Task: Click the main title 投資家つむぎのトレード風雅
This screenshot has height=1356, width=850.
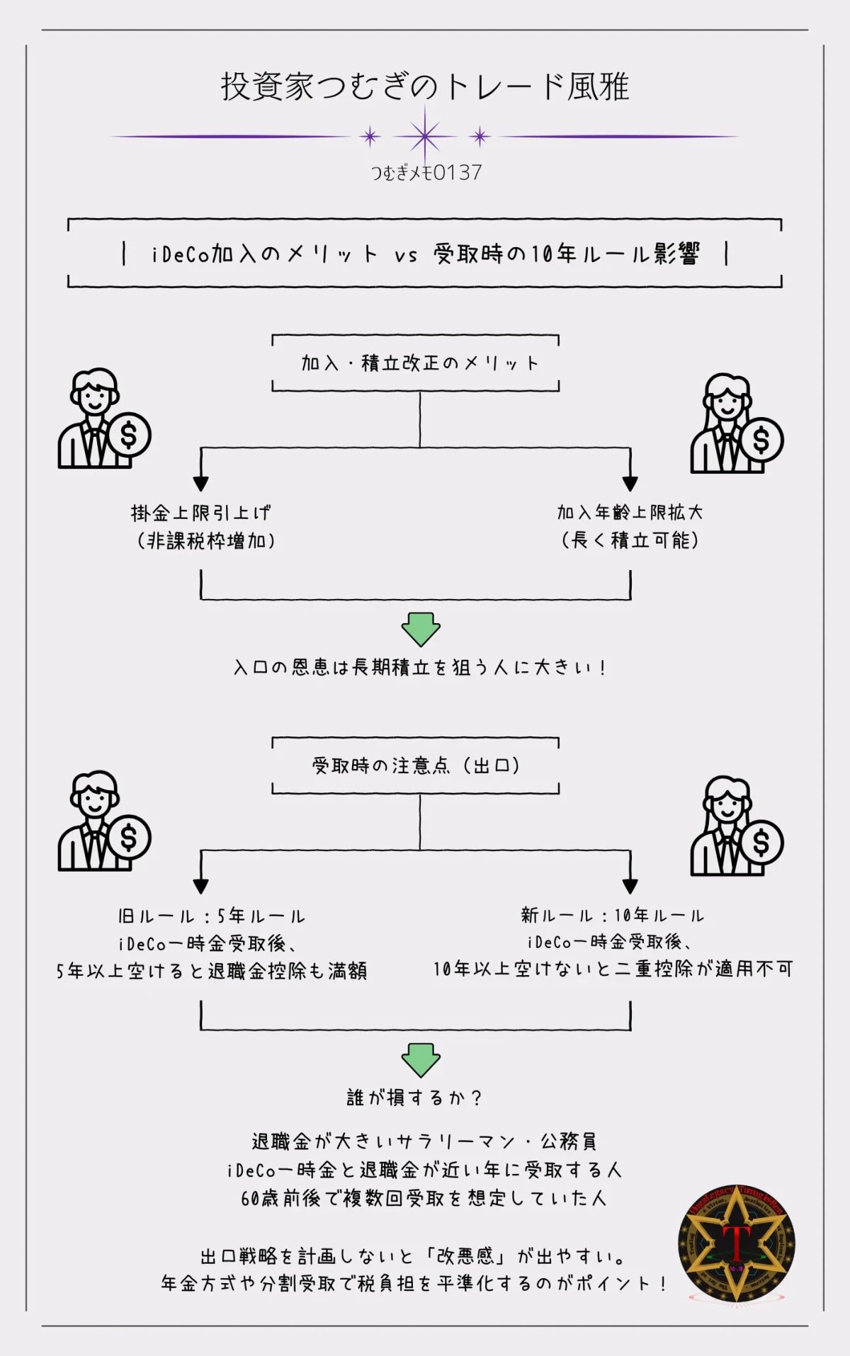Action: [x=425, y=87]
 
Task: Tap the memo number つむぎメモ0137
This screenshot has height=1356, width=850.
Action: [x=426, y=173]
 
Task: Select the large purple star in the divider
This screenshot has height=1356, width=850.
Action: [x=425, y=136]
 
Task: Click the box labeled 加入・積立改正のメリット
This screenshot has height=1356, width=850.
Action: [x=416, y=363]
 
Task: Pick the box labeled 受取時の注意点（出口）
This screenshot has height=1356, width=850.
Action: [x=416, y=765]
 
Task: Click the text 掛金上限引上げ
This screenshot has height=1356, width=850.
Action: [x=201, y=513]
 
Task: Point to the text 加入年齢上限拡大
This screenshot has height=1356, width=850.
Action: [x=630, y=512]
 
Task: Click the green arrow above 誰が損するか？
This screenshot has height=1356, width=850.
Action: [x=421, y=1060]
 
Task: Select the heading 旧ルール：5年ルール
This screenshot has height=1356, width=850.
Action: [x=211, y=916]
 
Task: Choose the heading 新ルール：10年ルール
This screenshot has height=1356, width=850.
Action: [x=613, y=916]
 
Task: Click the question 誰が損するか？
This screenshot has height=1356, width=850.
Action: [x=415, y=1098]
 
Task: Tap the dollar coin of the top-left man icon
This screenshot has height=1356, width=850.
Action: [x=129, y=435]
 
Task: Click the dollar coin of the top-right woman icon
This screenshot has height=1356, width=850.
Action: [x=761, y=440]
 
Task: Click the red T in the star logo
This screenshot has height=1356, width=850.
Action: [x=737, y=1241]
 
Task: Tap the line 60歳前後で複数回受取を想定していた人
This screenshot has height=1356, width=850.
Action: [x=424, y=1198]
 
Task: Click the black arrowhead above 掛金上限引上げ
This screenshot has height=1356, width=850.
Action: [x=201, y=484]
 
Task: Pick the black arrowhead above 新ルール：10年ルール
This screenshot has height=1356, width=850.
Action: [x=630, y=886]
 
